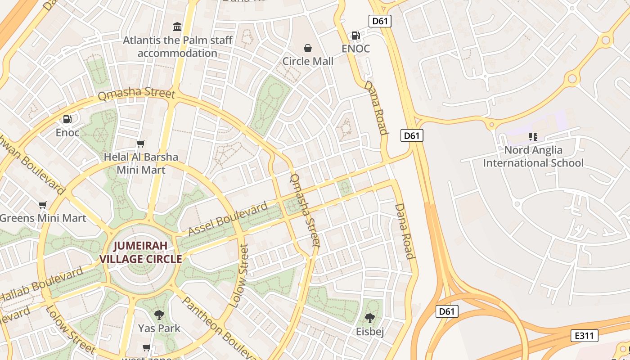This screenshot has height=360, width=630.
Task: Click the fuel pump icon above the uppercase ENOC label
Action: coord(355,35)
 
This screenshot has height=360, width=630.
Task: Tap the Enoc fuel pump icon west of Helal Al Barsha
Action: coord(67,119)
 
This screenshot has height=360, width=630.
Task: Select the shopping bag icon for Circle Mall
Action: coord(308,48)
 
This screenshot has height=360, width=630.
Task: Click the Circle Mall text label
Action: coord(308,61)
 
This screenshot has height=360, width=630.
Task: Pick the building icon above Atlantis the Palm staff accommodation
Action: coord(177,27)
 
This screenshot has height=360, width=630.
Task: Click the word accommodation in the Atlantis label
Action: coord(177,53)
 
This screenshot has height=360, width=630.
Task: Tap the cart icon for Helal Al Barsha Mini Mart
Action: coord(141,144)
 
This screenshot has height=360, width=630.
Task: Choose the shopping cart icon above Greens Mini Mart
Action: coord(43,205)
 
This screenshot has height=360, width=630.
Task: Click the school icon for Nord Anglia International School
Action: coord(533,136)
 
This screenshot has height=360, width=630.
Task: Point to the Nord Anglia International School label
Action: coord(533,156)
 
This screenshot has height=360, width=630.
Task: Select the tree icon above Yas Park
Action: coord(159,315)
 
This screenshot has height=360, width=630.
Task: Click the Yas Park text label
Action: coord(159,328)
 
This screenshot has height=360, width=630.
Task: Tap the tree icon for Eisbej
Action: coord(370,318)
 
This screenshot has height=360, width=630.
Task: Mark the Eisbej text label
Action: coord(370,332)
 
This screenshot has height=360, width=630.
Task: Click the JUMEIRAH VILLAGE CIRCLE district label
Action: coord(140,252)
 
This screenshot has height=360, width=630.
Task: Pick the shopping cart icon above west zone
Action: coord(146,347)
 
